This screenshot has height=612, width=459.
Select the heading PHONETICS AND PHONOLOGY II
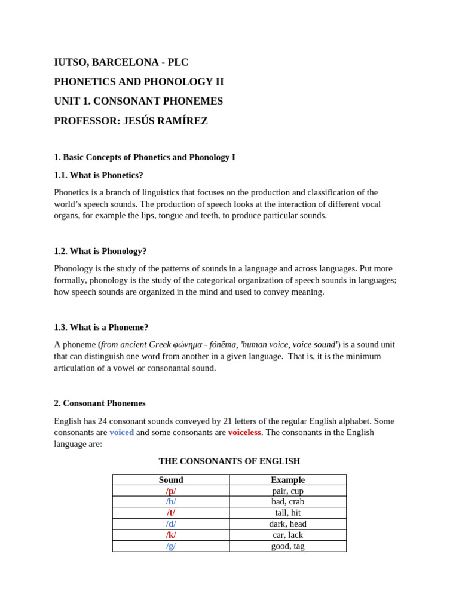[x=139, y=82]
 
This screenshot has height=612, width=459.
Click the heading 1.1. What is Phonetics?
[x=99, y=175]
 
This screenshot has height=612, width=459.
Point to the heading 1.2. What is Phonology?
[x=100, y=251]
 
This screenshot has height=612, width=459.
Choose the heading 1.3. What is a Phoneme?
[x=101, y=327]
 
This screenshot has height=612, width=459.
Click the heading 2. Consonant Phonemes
[x=100, y=403]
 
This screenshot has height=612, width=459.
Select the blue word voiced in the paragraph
[x=121, y=432]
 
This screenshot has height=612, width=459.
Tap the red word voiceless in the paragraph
[x=244, y=432]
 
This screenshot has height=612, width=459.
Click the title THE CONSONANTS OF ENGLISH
[x=229, y=461]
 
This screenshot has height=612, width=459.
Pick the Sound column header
[x=171, y=480]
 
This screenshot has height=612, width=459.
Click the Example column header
[x=287, y=480]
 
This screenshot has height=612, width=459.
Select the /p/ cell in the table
[x=171, y=491]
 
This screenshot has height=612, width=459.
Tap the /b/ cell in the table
[x=171, y=502]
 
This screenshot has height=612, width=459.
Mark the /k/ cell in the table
[x=171, y=535]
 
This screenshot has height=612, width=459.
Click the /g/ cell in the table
[x=171, y=546]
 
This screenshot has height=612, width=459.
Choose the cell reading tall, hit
[x=287, y=513]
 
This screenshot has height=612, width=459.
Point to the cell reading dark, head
[x=287, y=524]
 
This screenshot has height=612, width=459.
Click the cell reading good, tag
[x=287, y=546]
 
